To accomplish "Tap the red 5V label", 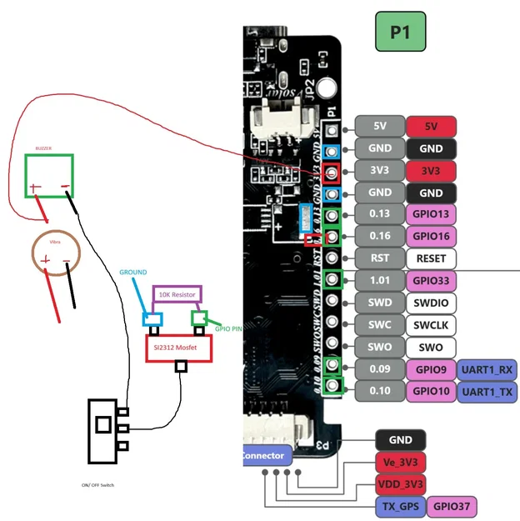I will [x=431, y=127].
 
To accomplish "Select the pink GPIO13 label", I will [x=431, y=214].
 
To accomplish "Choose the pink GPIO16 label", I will [x=431, y=236].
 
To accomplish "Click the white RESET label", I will [x=431, y=258].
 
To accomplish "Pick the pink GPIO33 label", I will [x=431, y=280].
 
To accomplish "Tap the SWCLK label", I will [x=431, y=324].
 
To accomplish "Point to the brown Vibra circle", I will [x=56, y=258].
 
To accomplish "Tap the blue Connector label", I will [x=262, y=456].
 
